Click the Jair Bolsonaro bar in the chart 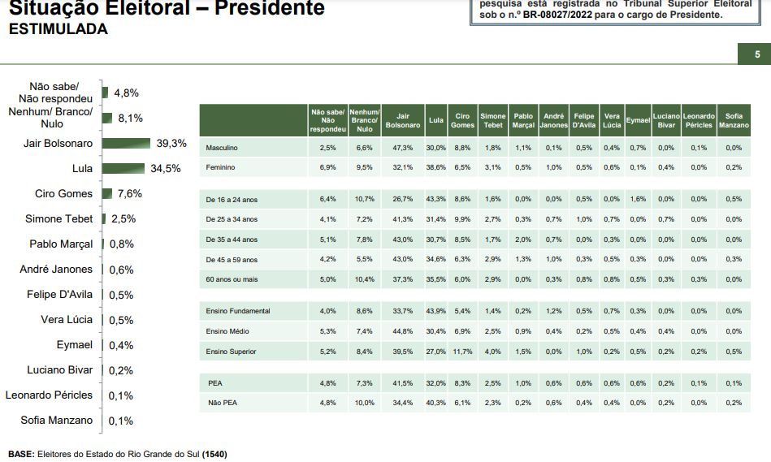click(x=127, y=144)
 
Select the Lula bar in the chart click(x=123, y=169)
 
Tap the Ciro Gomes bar click(x=107, y=194)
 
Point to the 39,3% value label click(x=171, y=143)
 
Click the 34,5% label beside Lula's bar click(x=165, y=169)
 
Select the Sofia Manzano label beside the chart click(x=57, y=421)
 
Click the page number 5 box click(x=757, y=54)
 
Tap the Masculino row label click(x=221, y=148)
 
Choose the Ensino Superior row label click(x=232, y=351)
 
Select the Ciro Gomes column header click(x=462, y=120)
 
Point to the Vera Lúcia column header click(x=612, y=120)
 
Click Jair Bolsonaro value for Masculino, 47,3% click(x=402, y=148)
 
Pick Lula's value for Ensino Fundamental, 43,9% click(x=435, y=311)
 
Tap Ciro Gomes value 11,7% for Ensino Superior click(x=462, y=351)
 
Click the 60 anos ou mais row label click(x=232, y=279)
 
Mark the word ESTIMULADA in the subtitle click(x=58, y=29)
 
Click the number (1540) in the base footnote click(x=214, y=454)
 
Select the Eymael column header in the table click(x=637, y=120)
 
